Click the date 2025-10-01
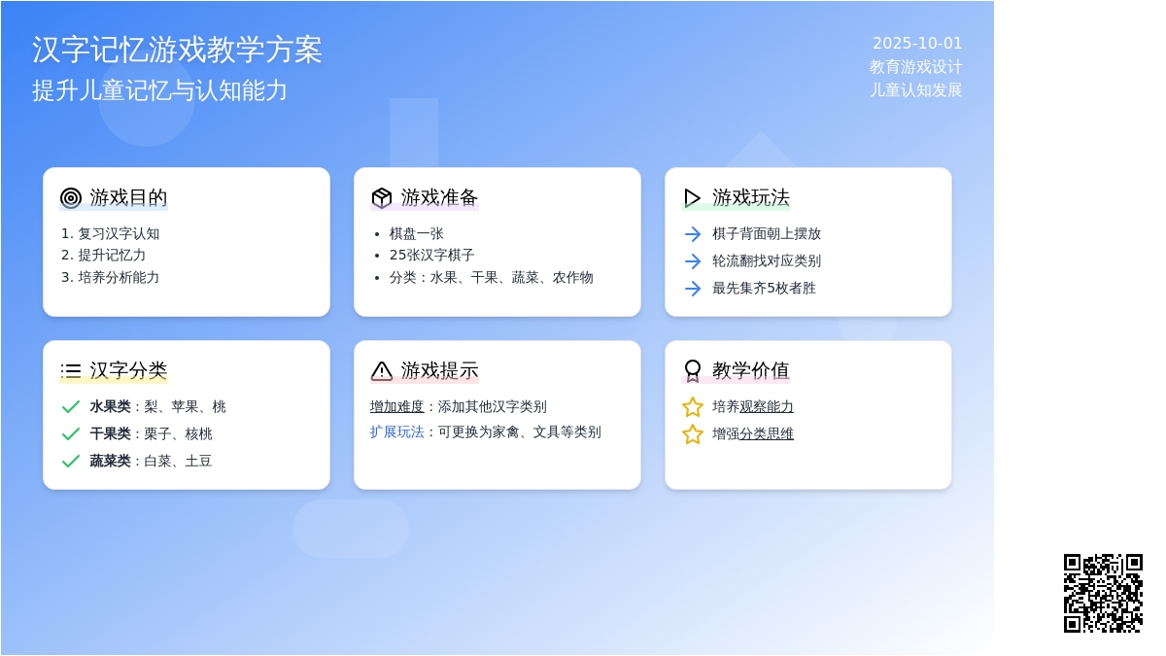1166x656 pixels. click(917, 43)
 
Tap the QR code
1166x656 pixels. click(1103, 594)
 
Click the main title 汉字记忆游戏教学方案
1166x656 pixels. click(177, 50)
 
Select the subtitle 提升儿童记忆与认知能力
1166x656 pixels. click(159, 90)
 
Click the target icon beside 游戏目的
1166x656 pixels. click(71, 198)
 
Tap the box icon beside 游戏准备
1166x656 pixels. click(382, 198)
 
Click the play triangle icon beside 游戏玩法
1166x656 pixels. click(692, 198)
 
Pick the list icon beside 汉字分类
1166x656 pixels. click(71, 370)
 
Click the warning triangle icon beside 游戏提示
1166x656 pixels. click(382, 371)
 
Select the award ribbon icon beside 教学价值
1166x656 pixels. click(692, 371)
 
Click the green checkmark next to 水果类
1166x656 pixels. click(71, 406)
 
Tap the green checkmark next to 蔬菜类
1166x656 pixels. click(71, 461)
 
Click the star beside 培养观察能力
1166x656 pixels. click(692, 406)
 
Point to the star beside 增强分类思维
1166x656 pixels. click(692, 433)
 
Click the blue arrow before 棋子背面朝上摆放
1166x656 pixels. click(693, 234)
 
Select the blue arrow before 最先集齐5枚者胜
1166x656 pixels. click(693, 288)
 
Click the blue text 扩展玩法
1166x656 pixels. click(397, 432)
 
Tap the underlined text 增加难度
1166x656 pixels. click(397, 406)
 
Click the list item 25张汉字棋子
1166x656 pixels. click(432, 255)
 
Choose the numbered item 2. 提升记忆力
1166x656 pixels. click(103, 255)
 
